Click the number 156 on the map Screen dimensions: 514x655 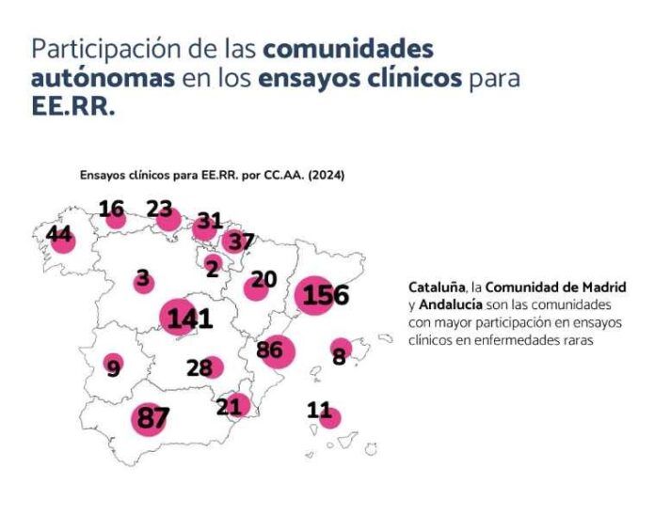326,295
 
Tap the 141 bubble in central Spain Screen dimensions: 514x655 190,319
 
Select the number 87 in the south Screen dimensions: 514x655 152,417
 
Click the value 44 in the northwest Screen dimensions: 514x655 59,235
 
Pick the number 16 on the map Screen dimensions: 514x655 111,210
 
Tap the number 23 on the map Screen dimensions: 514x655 159,210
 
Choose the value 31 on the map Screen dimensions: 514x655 209,221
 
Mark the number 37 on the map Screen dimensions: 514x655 242,241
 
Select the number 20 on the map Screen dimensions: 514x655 264,279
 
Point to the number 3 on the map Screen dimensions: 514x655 142,278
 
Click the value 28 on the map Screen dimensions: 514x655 199,367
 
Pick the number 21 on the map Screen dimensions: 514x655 229,406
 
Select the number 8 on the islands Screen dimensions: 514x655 339,356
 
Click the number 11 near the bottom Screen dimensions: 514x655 320,410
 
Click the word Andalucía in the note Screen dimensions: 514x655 451,306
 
